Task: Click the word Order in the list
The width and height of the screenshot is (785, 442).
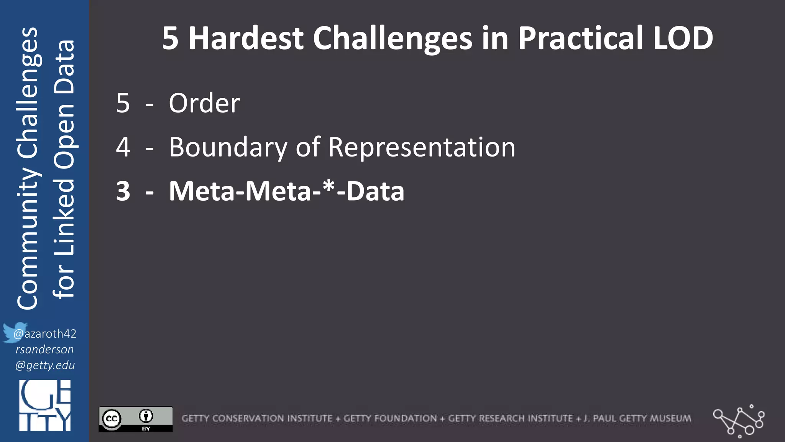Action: (204, 104)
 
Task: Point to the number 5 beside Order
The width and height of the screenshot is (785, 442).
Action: (123, 104)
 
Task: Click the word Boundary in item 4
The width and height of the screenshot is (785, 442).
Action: (228, 148)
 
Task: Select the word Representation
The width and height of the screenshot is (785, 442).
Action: (422, 148)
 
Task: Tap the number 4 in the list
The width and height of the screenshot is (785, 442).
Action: (123, 148)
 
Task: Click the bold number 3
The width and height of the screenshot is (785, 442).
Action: (123, 191)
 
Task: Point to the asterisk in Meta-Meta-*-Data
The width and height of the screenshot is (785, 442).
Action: (328, 187)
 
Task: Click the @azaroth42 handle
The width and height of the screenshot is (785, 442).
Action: (45, 334)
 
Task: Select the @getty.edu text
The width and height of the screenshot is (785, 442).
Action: (45, 365)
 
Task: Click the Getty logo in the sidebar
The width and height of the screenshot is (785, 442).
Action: (45, 406)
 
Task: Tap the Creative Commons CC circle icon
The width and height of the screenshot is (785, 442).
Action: (112, 419)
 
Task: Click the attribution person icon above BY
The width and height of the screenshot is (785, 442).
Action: (146, 416)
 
